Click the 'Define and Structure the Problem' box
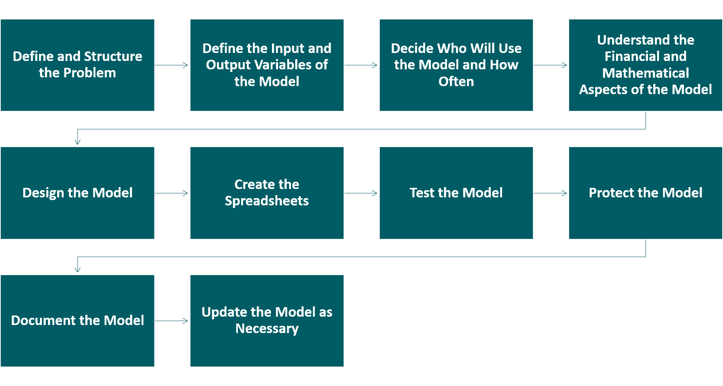(x=77, y=65)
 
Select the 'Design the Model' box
(x=77, y=193)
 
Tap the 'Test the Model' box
(x=456, y=193)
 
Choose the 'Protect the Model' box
(x=645, y=193)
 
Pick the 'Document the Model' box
(x=77, y=321)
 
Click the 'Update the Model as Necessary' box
(x=267, y=321)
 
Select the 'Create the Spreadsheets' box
(x=267, y=193)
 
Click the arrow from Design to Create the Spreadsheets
(x=171, y=193)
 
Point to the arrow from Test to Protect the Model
(x=550, y=193)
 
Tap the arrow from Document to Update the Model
(x=171, y=321)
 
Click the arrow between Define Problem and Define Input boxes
(x=171, y=65)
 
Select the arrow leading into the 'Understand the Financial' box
(x=550, y=65)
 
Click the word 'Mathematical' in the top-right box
(x=645, y=73)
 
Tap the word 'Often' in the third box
(x=456, y=81)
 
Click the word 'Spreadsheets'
(x=267, y=201)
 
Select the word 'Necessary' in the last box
(x=267, y=328)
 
